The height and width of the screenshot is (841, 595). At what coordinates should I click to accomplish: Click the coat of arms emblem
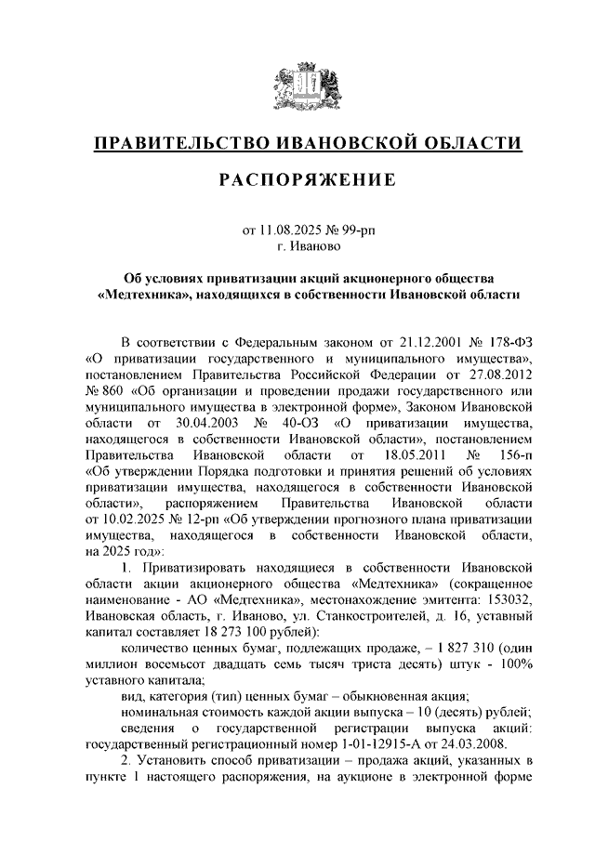point(297,84)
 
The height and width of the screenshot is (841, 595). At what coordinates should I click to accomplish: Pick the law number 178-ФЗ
point(515,341)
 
